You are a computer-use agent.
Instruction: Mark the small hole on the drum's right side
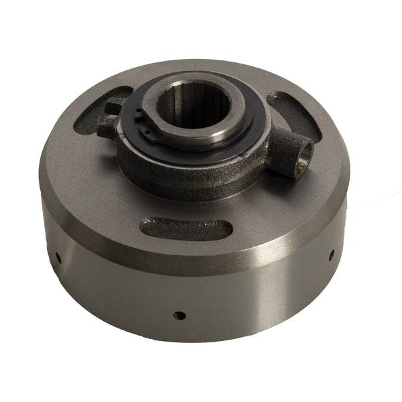(x=332, y=254)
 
